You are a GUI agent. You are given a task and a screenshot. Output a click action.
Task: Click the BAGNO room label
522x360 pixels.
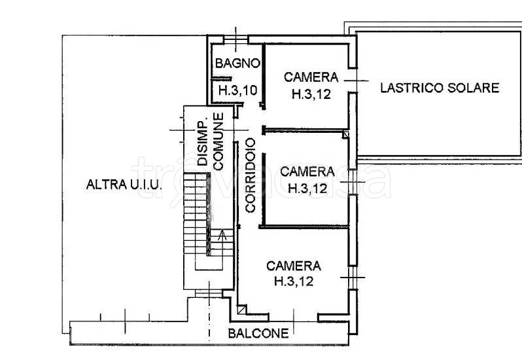pyautogui.click(x=239, y=63)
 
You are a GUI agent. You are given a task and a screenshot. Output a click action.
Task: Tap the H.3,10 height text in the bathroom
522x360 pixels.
pyautogui.click(x=237, y=91)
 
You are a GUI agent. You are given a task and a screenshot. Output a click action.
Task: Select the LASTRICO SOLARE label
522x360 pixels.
pyautogui.click(x=440, y=88)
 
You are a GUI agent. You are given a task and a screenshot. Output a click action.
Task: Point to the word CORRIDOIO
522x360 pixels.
pyautogui.click(x=250, y=175)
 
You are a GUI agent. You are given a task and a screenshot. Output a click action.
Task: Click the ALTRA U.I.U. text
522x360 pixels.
pyautogui.click(x=123, y=185)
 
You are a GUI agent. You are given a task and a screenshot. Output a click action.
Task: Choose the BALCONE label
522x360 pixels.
pyautogui.click(x=258, y=333)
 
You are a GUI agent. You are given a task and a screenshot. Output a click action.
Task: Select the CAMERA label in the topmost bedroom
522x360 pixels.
pyautogui.click(x=311, y=77)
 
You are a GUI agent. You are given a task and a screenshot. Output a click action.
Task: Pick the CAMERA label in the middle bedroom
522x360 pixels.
pyautogui.click(x=307, y=171)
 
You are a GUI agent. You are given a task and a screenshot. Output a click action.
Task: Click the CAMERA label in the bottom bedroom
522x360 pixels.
pyautogui.click(x=294, y=266)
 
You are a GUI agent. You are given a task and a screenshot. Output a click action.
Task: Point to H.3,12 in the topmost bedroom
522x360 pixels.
pyautogui.click(x=311, y=94)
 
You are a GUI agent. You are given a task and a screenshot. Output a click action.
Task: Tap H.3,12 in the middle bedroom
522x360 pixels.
pyautogui.click(x=307, y=188)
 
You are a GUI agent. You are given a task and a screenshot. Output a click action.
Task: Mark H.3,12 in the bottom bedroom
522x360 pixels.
pyautogui.click(x=294, y=282)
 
